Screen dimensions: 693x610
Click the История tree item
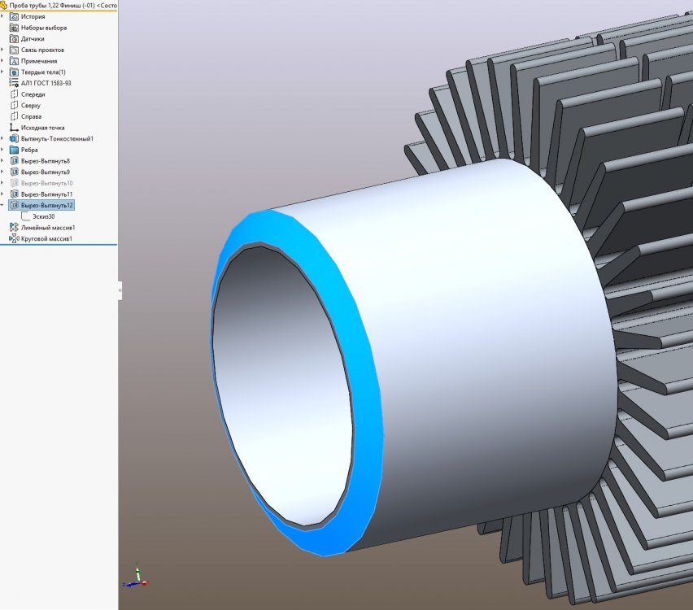[x=33, y=16]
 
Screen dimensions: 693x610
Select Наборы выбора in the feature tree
[x=44, y=28]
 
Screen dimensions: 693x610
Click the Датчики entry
[x=33, y=38]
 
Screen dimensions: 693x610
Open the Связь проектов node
[x=42, y=50]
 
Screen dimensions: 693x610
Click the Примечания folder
[x=39, y=61]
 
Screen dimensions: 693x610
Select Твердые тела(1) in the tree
[x=43, y=72]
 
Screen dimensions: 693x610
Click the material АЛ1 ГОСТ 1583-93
[x=46, y=83]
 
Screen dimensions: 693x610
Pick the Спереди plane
[x=33, y=94]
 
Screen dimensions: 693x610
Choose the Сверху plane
[x=30, y=105]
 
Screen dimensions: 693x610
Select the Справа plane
[x=31, y=116]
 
